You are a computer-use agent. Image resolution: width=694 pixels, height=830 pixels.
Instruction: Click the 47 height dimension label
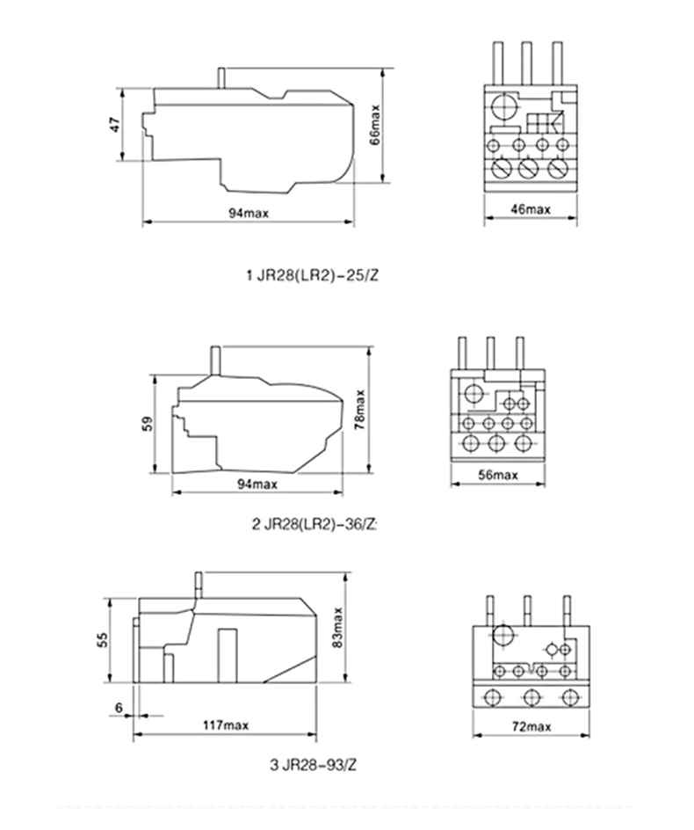114,126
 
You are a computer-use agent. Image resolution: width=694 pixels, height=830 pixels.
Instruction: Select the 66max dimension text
375,126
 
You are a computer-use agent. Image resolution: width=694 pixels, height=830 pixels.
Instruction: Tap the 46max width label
531,209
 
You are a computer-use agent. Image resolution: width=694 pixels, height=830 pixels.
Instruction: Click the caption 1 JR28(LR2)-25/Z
312,275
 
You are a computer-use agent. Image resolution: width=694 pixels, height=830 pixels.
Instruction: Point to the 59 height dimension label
148,423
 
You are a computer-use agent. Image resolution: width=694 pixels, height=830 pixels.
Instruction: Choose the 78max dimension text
361,410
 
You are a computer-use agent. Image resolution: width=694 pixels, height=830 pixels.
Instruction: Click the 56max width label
498,475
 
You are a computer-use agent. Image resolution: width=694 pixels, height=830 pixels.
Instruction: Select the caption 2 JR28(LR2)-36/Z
314,524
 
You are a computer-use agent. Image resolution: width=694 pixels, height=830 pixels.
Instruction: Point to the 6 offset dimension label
118,708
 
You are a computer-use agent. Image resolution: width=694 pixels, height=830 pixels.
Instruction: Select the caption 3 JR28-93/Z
313,764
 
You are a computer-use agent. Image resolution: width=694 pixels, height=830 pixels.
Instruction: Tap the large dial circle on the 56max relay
474,393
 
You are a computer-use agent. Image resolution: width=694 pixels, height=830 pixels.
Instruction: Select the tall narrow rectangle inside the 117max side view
228,653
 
